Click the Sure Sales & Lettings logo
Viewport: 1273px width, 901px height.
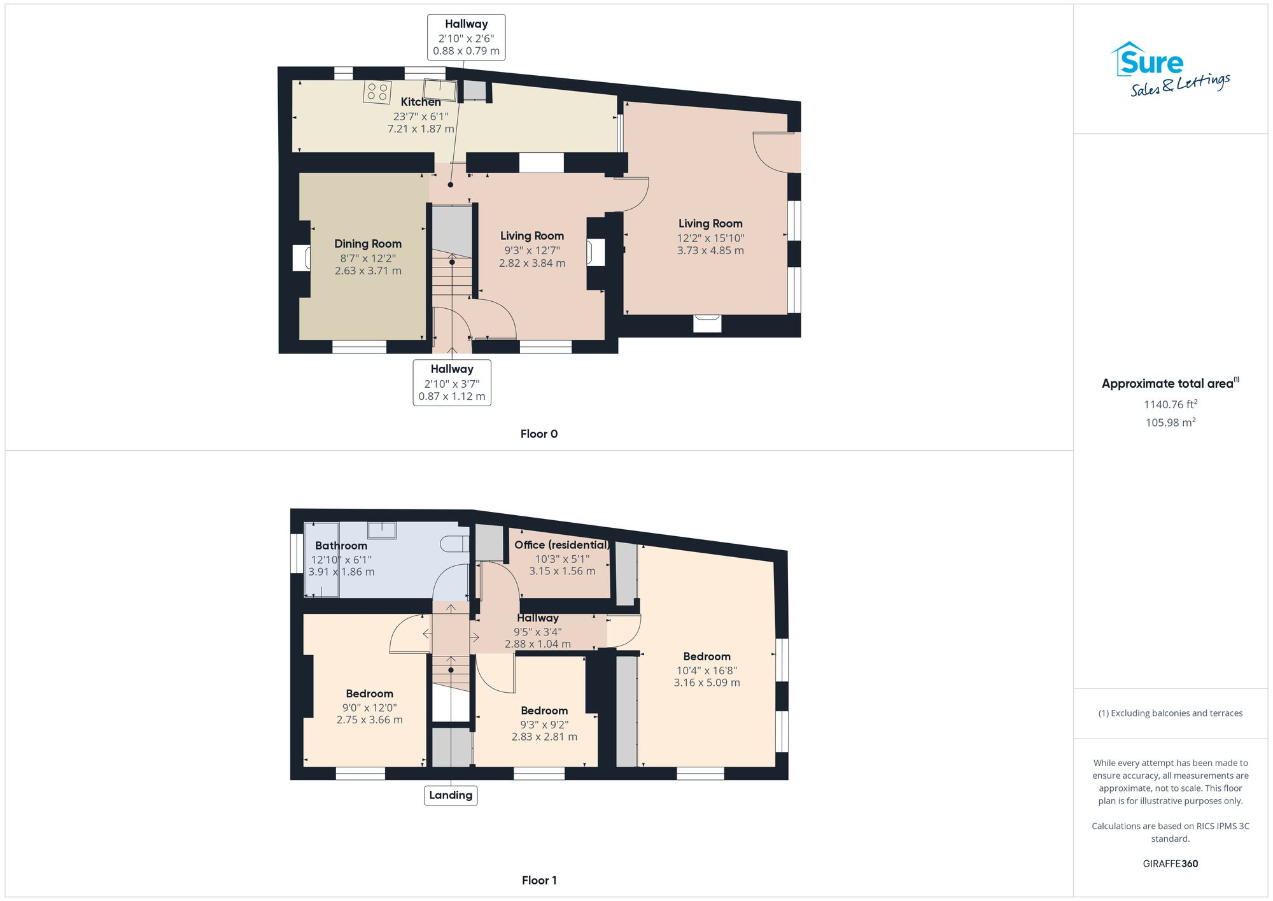pyautogui.click(x=1170, y=69)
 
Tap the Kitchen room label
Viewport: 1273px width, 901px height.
pyautogui.click(x=420, y=102)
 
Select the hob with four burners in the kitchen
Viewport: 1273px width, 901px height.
pyautogui.click(x=377, y=92)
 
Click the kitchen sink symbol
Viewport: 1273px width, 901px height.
pyautogui.click(x=440, y=90)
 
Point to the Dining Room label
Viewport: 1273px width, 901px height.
pyautogui.click(x=368, y=244)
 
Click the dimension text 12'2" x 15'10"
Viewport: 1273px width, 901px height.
pyautogui.click(x=710, y=238)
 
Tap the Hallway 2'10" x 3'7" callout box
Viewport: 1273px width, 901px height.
pyautogui.click(x=452, y=382)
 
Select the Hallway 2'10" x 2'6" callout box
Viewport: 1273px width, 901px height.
pyautogui.click(x=466, y=38)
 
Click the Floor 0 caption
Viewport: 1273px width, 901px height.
pyautogui.click(x=538, y=434)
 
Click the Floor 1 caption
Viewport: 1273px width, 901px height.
pyautogui.click(x=538, y=880)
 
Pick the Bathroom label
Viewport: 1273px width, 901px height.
pyautogui.click(x=341, y=546)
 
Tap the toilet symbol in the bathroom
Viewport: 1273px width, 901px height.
pyautogui.click(x=454, y=544)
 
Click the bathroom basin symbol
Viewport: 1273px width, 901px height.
pyautogui.click(x=382, y=530)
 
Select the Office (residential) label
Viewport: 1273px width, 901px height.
pyautogui.click(x=561, y=545)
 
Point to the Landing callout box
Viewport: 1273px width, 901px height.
pyautogui.click(x=451, y=795)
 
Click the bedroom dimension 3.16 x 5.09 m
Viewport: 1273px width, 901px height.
pyautogui.click(x=707, y=683)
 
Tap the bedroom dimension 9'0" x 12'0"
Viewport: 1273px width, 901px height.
pyautogui.click(x=369, y=707)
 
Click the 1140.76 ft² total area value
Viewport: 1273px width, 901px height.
pyautogui.click(x=1170, y=404)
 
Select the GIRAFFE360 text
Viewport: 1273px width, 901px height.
pyautogui.click(x=1170, y=864)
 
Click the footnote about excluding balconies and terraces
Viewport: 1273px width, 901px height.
pyautogui.click(x=1170, y=713)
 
